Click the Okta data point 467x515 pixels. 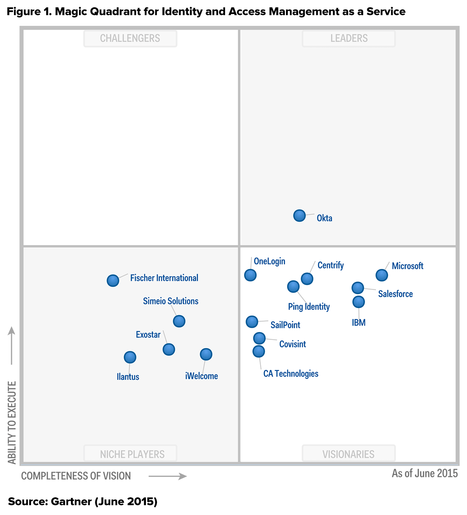[299, 215]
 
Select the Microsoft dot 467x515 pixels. [382, 275]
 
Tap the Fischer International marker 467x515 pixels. [113, 280]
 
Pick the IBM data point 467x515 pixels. [358, 302]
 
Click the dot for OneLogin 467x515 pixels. [250, 275]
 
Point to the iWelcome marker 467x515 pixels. [206, 354]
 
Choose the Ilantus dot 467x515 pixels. [130, 357]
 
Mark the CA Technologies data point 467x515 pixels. [259, 351]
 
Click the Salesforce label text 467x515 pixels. [395, 294]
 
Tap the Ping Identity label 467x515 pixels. [309, 307]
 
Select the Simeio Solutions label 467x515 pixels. [171, 301]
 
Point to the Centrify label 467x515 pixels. [331, 265]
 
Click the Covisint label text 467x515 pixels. [293, 344]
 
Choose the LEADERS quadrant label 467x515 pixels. [349, 38]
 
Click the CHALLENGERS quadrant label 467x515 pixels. [130, 38]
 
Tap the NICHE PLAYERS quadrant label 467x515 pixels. [132, 454]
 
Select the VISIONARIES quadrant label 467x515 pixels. [348, 454]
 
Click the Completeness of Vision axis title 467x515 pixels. [76, 476]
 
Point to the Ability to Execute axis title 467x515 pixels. [12, 423]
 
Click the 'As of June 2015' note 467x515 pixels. [425, 473]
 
